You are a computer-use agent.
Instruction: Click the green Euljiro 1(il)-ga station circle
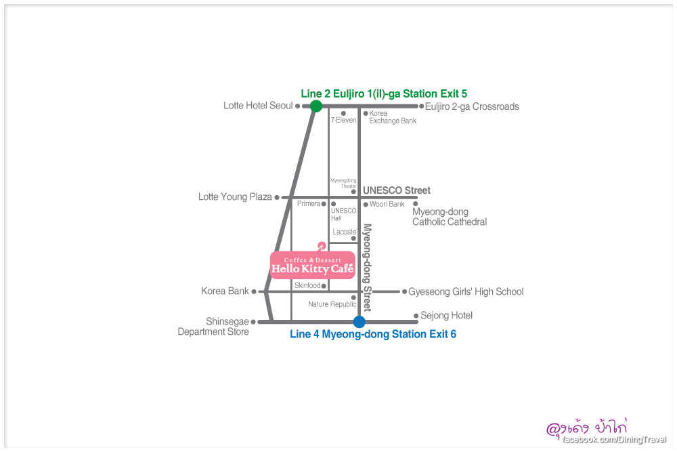click(315, 106)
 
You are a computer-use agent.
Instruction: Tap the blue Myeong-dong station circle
click(359, 322)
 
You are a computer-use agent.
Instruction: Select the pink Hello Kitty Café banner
click(312, 265)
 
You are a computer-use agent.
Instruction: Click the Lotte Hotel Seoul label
click(258, 106)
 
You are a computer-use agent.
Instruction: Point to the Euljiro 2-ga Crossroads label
click(472, 106)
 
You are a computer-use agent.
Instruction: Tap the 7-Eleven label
click(343, 120)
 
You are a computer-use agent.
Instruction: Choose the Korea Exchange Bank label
click(393, 117)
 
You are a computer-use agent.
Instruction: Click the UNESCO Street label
click(397, 190)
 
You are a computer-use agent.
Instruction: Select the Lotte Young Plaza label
click(235, 197)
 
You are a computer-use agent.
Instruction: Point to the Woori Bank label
click(387, 204)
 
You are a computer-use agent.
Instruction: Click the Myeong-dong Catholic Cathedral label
click(449, 217)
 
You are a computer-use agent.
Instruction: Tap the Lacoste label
click(345, 232)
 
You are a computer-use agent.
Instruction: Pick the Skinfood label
click(307, 286)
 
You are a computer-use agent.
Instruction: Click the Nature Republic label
click(332, 304)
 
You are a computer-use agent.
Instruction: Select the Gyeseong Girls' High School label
click(466, 292)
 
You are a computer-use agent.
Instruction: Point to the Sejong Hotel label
click(446, 316)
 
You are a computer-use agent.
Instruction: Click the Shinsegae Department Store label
click(214, 327)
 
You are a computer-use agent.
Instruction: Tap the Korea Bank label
click(225, 291)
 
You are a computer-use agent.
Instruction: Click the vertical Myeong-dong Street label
click(368, 267)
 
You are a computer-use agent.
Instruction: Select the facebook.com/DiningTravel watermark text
click(614, 440)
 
